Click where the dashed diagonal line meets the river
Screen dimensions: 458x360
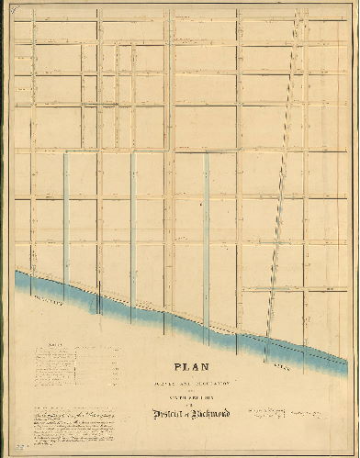point(267,335)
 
